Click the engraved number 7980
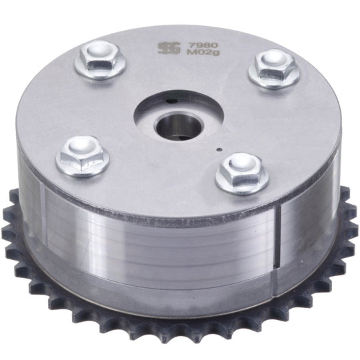pyautogui.click(x=203, y=45)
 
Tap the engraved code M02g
pyautogui.click(x=203, y=53)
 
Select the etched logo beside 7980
pyautogui.click(x=169, y=48)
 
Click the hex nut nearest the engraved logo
pyautogui.click(x=99, y=59)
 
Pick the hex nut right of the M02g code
pyautogui.click(x=274, y=68)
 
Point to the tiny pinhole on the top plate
pyautogui.click(x=220, y=150)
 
